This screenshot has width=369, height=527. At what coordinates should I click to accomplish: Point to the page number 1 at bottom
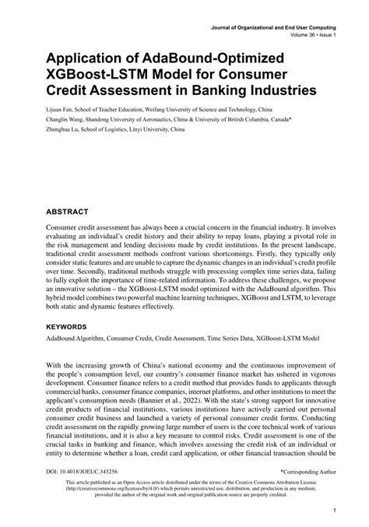click(332, 511)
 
